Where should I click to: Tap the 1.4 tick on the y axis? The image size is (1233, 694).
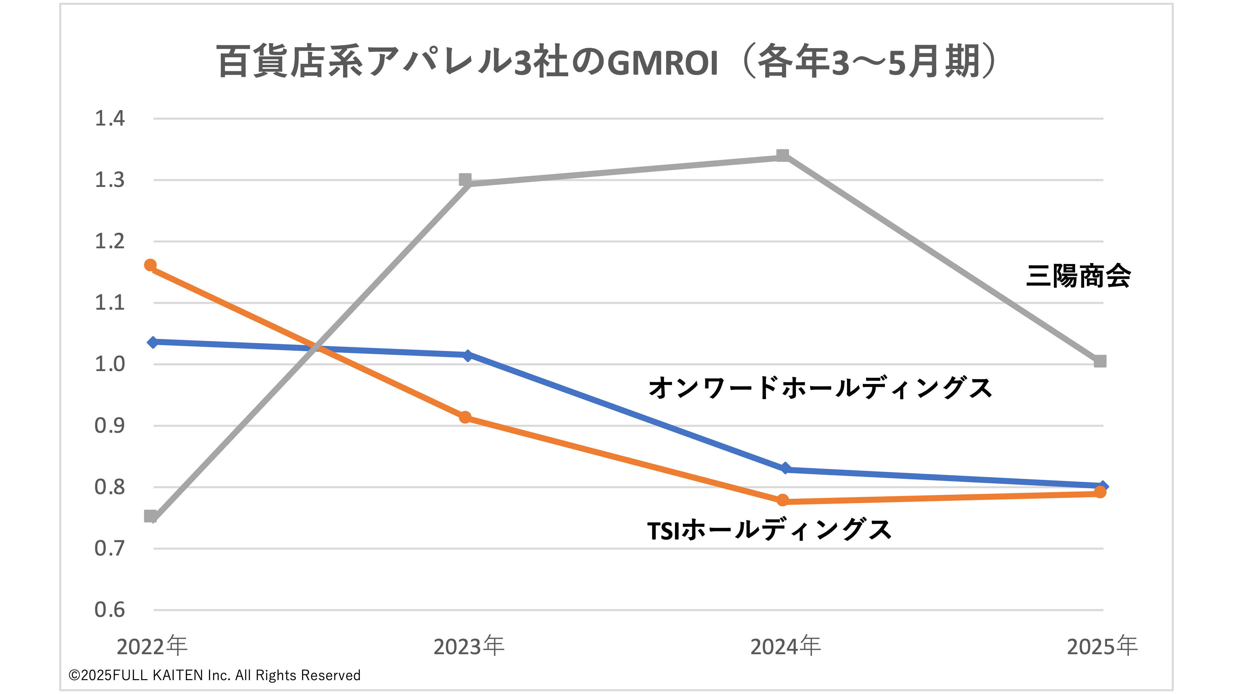pyautogui.click(x=110, y=118)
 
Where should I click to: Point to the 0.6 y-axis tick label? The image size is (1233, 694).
pyautogui.click(x=110, y=610)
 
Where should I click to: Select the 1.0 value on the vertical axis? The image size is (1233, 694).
pyautogui.click(x=110, y=364)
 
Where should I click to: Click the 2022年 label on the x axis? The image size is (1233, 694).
pyautogui.click(x=152, y=646)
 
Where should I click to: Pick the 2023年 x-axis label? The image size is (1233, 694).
pyautogui.click(x=469, y=646)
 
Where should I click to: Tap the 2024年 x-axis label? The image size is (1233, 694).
pyautogui.click(x=785, y=646)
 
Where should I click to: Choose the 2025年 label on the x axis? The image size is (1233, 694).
pyautogui.click(x=1102, y=646)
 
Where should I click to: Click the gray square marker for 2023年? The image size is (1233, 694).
pyautogui.click(x=465, y=180)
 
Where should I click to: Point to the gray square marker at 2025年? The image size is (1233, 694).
pyautogui.click(x=1100, y=361)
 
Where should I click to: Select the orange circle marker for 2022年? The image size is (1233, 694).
pyautogui.click(x=150, y=265)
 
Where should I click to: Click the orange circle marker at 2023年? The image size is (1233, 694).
pyautogui.click(x=465, y=417)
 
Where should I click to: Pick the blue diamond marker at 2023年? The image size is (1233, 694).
pyautogui.click(x=468, y=355)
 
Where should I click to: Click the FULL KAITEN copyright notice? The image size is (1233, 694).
pyautogui.click(x=215, y=675)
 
